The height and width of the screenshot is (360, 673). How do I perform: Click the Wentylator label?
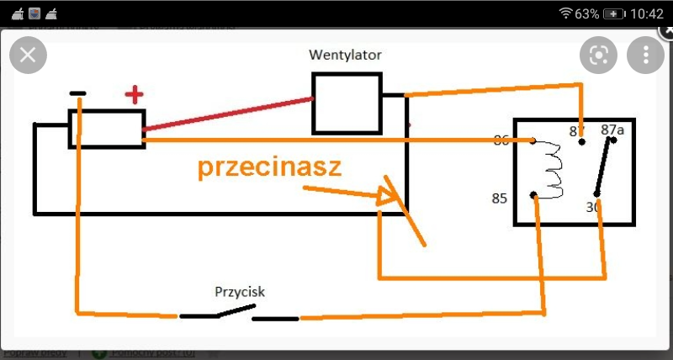[346, 56]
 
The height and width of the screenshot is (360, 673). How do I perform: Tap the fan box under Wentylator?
[347, 103]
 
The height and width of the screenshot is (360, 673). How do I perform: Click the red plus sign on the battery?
[133, 95]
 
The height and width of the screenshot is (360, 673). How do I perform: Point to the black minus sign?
[77, 93]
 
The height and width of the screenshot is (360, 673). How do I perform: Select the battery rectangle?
[107, 128]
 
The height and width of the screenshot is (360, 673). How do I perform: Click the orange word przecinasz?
[269, 167]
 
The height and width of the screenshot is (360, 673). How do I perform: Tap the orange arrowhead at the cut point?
[388, 197]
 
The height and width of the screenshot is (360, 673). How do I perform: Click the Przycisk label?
[240, 292]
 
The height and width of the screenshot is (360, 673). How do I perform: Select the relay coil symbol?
[552, 171]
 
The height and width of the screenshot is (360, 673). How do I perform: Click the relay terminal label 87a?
[613, 130]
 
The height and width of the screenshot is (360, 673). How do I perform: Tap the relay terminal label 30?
[591, 206]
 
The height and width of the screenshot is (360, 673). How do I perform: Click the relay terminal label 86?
[502, 140]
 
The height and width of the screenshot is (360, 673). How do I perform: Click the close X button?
[28, 56]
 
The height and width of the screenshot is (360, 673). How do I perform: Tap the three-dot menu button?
[645, 56]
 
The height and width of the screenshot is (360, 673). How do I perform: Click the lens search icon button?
[598, 56]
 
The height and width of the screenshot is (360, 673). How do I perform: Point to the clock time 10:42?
[646, 14]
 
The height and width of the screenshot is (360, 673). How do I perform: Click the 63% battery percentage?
[586, 14]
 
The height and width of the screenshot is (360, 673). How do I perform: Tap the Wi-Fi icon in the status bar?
[565, 14]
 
